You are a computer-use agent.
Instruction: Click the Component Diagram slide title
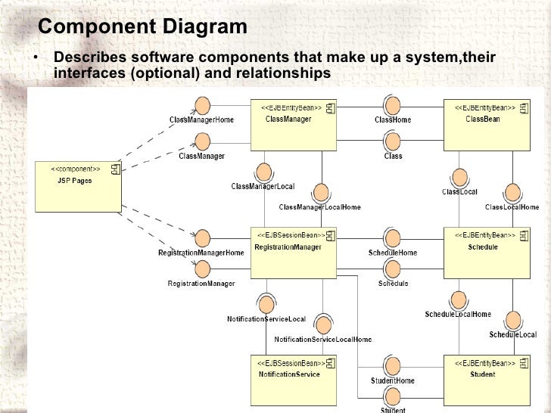click(142, 27)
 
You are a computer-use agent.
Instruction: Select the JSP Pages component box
click(79, 185)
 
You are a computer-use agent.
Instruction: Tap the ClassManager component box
click(293, 125)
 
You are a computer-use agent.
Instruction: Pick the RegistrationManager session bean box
click(293, 252)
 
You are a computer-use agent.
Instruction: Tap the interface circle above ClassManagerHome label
click(202, 105)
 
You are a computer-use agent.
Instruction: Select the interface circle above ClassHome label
click(392, 105)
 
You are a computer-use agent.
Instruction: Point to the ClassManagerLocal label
click(263, 186)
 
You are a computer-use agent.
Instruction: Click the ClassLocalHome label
click(512, 207)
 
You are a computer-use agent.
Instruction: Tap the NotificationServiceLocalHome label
click(323, 340)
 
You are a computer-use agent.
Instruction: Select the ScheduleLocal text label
click(513, 334)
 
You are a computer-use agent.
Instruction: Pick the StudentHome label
click(392, 380)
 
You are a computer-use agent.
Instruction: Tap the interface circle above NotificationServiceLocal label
click(266, 304)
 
